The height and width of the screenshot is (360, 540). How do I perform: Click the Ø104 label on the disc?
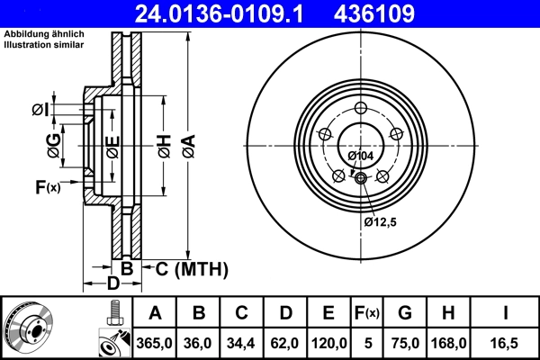pos(360,156)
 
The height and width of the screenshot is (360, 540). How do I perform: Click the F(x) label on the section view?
pos(47,187)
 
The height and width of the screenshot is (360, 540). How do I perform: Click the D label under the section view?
pos(112,284)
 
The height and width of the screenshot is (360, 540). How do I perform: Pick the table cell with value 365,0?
pos(156,342)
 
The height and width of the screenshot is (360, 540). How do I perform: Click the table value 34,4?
pos(242,342)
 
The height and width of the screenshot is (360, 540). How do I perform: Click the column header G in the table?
pos(404,313)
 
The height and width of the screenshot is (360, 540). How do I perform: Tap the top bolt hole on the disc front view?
pos(360,108)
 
